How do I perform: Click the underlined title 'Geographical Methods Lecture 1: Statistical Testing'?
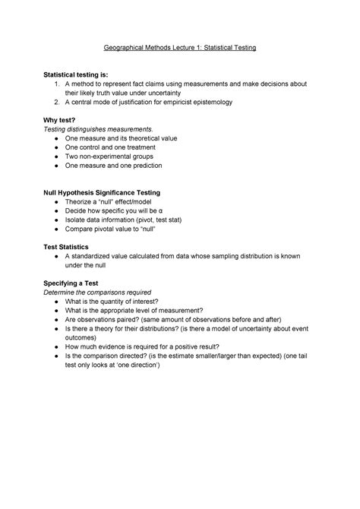pos(180,48)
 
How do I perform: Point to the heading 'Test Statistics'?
pos(67,247)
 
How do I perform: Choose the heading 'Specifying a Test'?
pos(72,282)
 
